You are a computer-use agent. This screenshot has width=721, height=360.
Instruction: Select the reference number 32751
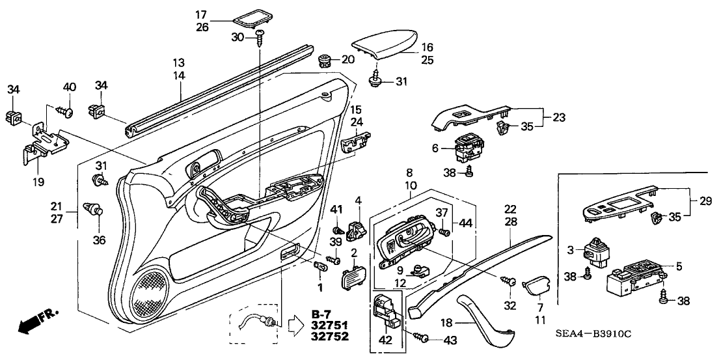[x=330, y=327]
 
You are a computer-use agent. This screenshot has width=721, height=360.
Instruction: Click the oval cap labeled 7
[x=538, y=286]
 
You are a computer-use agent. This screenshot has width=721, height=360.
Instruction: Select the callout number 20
[x=347, y=60]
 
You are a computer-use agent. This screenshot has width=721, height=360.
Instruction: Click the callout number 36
[x=99, y=240]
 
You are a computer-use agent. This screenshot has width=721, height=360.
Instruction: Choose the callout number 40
[x=70, y=87]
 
